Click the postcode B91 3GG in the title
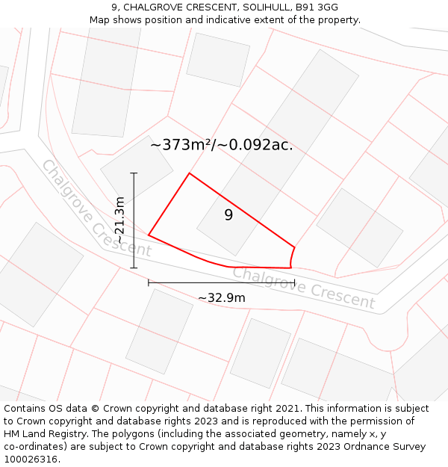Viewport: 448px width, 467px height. (317, 7)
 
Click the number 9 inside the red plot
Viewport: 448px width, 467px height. (228, 215)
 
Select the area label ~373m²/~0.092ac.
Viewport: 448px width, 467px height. (222, 145)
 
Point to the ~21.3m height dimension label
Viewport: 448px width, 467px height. (119, 220)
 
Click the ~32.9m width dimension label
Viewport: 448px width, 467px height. (222, 298)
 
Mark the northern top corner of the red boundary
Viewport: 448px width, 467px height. (189, 173)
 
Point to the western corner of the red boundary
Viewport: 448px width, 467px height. (149, 235)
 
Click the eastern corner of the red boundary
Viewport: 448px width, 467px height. (294, 247)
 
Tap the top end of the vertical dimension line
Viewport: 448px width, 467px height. (134, 173)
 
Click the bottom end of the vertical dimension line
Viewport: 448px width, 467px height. (134, 267)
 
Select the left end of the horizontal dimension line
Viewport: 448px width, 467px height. (149, 283)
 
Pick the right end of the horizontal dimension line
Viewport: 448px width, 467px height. (294, 283)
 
